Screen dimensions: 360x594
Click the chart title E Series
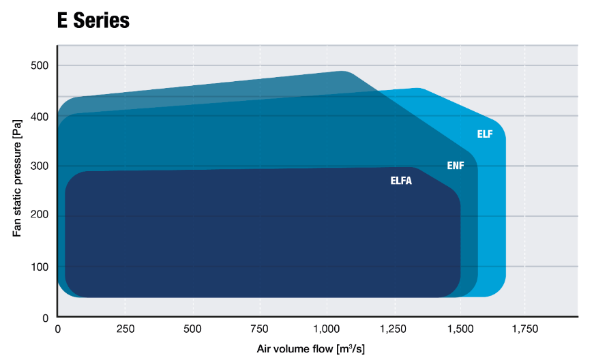pyautogui.click(x=93, y=20)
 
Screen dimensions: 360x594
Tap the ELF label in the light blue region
pyautogui.click(x=484, y=134)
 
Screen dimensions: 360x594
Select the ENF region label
pyautogui.click(x=455, y=166)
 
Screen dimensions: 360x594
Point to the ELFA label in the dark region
pyautogui.click(x=401, y=181)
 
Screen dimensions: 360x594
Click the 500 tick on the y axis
pyautogui.click(x=39, y=65)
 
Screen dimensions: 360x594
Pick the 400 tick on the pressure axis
pyautogui.click(x=39, y=117)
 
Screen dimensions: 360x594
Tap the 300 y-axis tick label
pyautogui.click(x=39, y=166)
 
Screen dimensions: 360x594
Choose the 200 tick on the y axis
pyautogui.click(x=39, y=216)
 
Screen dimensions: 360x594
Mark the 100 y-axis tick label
pyautogui.click(x=39, y=267)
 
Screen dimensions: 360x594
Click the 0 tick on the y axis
pyautogui.click(x=45, y=317)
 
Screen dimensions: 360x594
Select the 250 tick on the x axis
pyautogui.click(x=125, y=329)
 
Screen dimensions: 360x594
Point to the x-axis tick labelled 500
pyautogui.click(x=193, y=329)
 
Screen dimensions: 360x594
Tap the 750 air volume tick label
pyautogui.click(x=259, y=329)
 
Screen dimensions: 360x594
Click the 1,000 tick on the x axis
pyautogui.click(x=326, y=329)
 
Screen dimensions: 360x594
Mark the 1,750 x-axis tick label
pyautogui.click(x=525, y=329)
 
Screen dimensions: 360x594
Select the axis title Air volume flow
pyautogui.click(x=310, y=349)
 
